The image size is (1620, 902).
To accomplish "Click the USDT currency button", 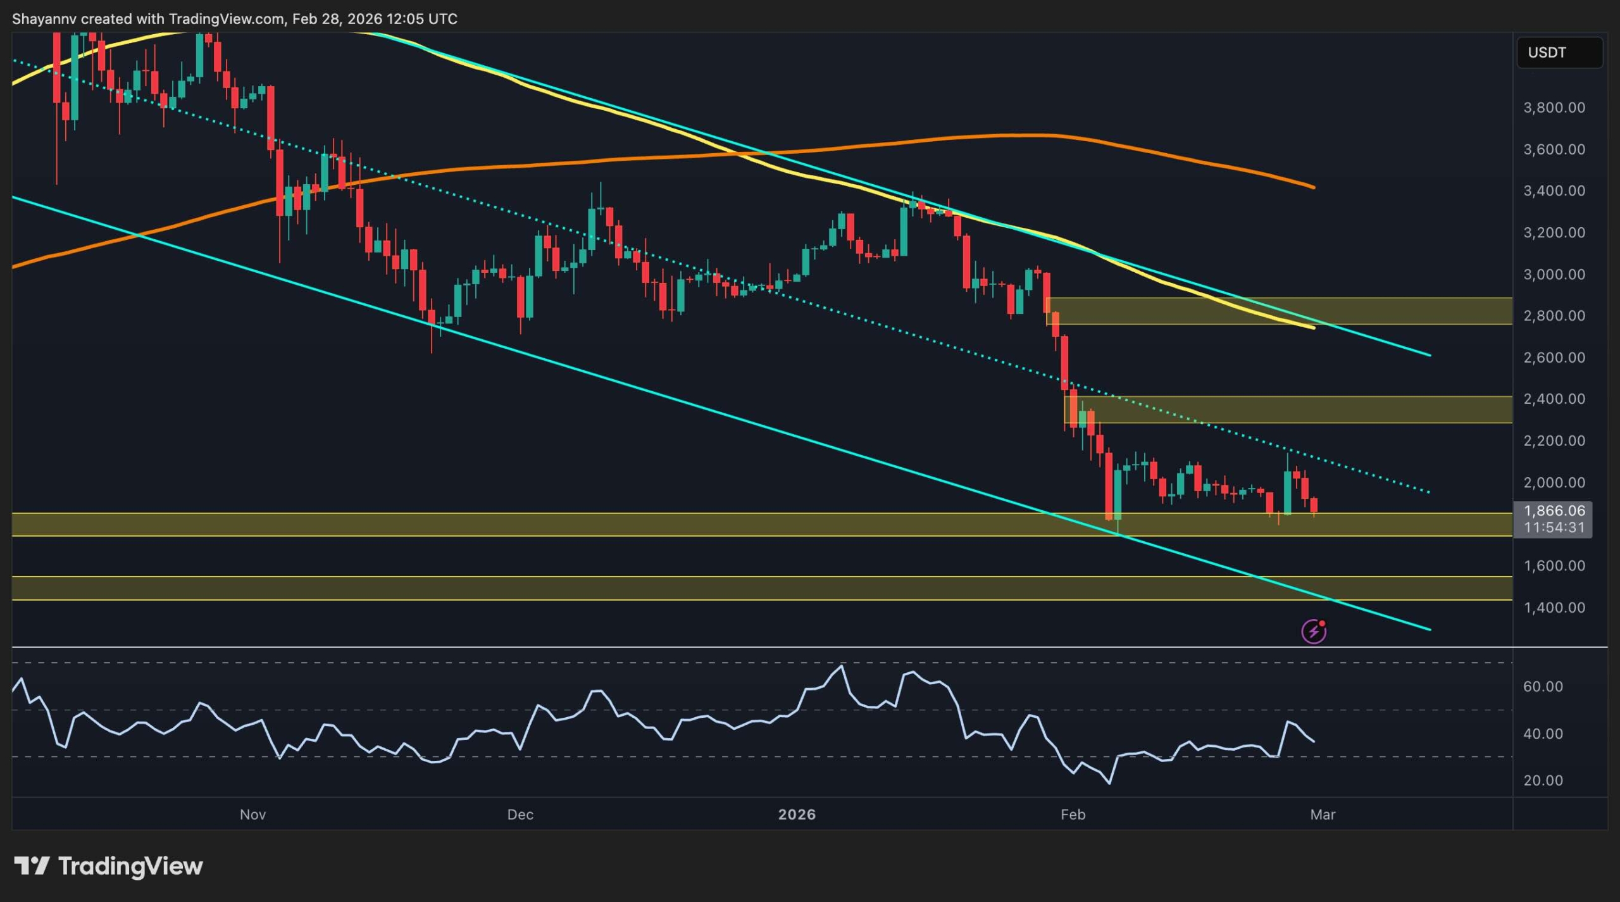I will tap(1559, 53).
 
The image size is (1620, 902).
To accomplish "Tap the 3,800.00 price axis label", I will tap(1554, 108).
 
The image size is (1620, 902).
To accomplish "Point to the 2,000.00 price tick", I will tap(1554, 482).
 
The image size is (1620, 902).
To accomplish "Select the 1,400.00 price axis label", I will tap(1554, 608).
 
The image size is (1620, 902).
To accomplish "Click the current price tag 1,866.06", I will tap(1554, 511).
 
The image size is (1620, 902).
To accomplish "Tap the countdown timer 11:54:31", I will tap(1554, 527).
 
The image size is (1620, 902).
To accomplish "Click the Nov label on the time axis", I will tap(252, 815).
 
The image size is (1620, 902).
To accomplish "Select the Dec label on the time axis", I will tap(520, 815).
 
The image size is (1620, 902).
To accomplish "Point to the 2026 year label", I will tap(797, 815).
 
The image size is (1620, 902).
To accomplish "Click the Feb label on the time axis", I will tap(1073, 815).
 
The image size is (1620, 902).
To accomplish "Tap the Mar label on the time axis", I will tap(1322, 815).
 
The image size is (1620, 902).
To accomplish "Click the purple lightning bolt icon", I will tap(1313, 631).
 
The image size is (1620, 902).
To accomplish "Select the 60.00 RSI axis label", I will tap(1543, 687).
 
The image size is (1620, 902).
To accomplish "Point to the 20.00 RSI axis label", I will tap(1543, 780).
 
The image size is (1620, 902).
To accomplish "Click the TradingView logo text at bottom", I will tap(130, 866).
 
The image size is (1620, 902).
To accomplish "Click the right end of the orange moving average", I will tap(1314, 187).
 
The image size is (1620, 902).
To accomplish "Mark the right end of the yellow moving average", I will tap(1314, 328).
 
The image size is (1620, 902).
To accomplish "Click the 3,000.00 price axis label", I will tap(1554, 274).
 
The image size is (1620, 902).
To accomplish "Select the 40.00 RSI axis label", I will tap(1543, 734).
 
